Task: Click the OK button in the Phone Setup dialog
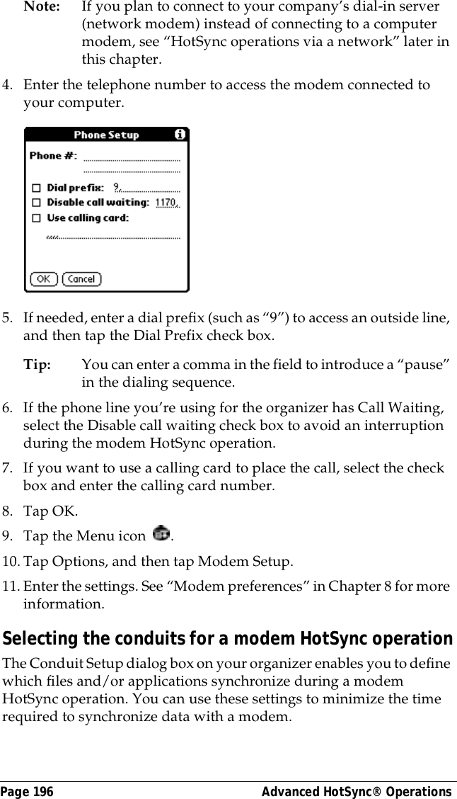click(44, 279)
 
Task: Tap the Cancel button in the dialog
click(81, 279)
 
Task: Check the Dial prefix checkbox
click(35, 188)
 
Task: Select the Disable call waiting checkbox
click(35, 203)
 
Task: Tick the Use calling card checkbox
click(35, 218)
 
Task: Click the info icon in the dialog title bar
click(180, 134)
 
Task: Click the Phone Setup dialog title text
click(106, 135)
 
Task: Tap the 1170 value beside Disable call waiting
click(166, 203)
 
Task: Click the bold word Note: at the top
click(37, 6)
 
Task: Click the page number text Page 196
click(27, 791)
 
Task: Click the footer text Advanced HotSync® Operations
click(357, 791)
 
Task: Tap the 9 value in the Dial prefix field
click(117, 188)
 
